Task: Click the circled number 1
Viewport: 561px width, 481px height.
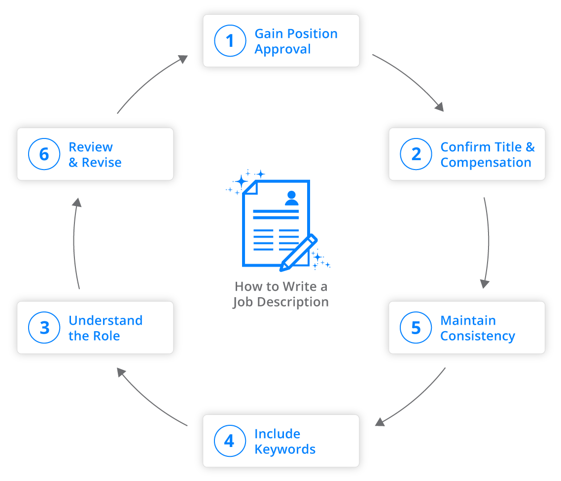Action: pyautogui.click(x=230, y=41)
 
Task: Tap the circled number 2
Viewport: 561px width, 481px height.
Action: pyautogui.click(x=416, y=154)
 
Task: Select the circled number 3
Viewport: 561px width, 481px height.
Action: pyautogui.click(x=44, y=328)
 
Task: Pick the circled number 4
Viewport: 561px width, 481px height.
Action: pyautogui.click(x=230, y=441)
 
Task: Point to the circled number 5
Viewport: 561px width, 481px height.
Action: pyautogui.click(x=416, y=328)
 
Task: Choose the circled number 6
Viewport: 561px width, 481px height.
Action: pyautogui.click(x=44, y=154)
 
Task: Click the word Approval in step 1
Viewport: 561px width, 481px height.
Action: pyautogui.click(x=282, y=49)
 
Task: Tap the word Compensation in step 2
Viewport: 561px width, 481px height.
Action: pyautogui.click(x=486, y=163)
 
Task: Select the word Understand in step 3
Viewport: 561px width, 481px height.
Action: pyautogui.click(x=105, y=320)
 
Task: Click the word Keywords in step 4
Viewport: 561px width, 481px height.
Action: pyautogui.click(x=285, y=449)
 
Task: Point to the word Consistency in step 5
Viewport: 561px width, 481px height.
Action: pyautogui.click(x=477, y=336)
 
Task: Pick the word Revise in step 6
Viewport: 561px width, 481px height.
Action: pyautogui.click(x=102, y=163)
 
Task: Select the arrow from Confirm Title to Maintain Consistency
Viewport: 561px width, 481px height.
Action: pyautogui.click(x=487, y=241)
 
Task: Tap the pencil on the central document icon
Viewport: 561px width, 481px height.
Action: pyautogui.click(x=298, y=253)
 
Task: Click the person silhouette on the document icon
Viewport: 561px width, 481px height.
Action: pyautogui.click(x=291, y=198)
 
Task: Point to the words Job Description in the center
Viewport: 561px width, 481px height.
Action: pyautogui.click(x=280, y=302)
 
